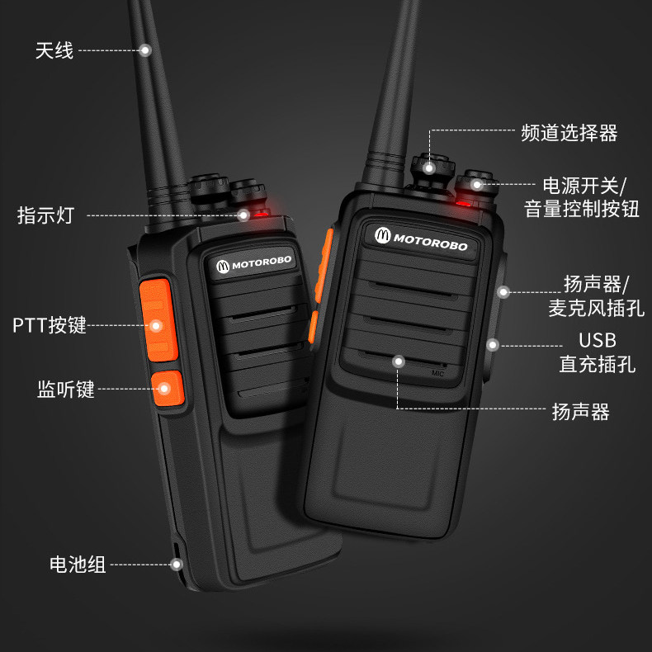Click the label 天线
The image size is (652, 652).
54,50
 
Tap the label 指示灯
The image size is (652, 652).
45,215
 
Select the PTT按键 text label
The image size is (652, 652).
49,325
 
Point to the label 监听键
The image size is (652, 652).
66,390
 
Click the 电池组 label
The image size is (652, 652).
78,565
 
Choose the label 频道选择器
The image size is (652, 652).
569,133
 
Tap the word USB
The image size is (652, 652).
598,340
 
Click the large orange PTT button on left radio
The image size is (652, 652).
158,319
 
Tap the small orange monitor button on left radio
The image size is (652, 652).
168,389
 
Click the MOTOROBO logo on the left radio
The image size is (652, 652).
254,263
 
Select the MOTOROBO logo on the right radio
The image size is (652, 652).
421,240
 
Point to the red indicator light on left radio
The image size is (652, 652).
261,215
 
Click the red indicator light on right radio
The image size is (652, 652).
463,203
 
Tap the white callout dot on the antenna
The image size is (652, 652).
145,50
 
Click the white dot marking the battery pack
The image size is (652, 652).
177,565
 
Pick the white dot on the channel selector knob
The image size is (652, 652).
429,168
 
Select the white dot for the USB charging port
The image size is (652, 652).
493,345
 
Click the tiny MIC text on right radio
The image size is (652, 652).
437,373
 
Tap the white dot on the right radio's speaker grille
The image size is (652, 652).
399,361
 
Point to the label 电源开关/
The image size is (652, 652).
583,186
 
